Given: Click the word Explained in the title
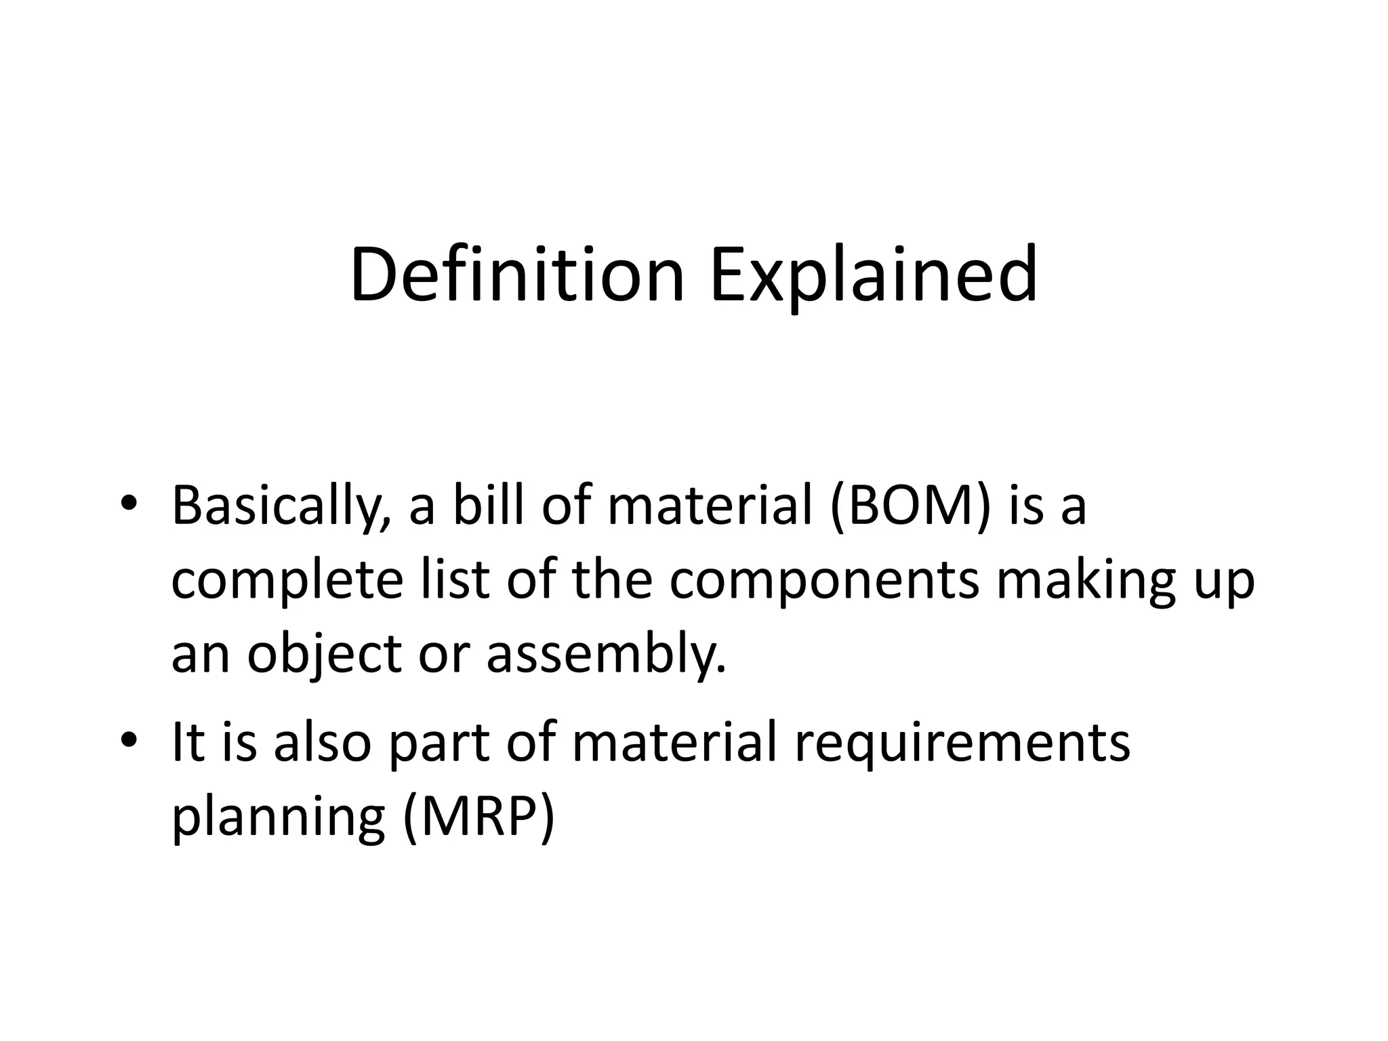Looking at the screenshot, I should point(874,275).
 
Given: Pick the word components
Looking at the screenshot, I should point(824,581).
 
